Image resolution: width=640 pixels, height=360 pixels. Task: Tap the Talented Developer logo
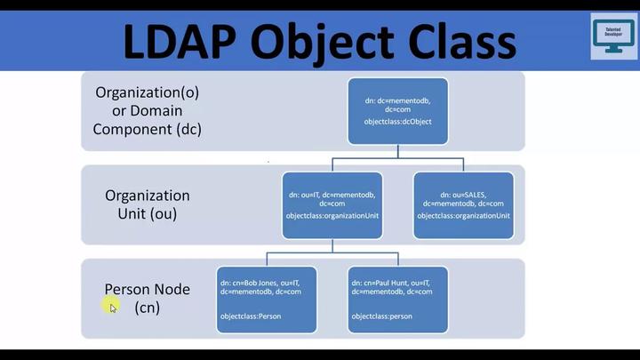point(612,36)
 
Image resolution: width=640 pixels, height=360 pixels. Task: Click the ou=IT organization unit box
point(332,205)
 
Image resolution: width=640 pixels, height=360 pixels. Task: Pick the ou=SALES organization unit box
point(463,205)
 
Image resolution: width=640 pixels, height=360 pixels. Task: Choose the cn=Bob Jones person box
point(266,300)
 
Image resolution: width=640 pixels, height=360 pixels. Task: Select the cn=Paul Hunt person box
point(396,300)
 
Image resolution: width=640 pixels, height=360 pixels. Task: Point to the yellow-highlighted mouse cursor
point(112,307)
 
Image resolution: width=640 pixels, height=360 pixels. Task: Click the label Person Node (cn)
point(147,299)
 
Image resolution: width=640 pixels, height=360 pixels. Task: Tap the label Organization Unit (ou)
point(147,204)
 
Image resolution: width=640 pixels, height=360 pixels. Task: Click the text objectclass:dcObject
point(391,121)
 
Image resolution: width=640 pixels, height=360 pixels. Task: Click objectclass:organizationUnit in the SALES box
point(463,216)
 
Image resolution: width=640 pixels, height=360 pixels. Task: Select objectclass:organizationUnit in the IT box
point(332,216)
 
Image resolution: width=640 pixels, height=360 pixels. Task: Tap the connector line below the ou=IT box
point(332,251)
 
